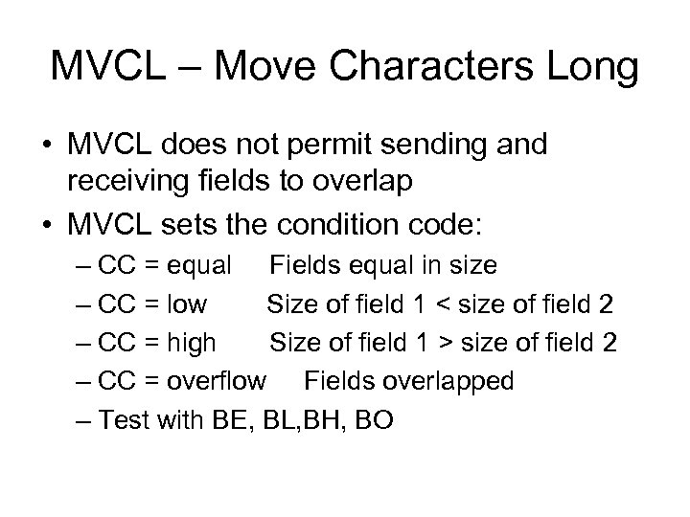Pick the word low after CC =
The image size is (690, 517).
pyautogui.click(x=186, y=304)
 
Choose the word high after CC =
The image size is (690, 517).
pyautogui.click(x=191, y=343)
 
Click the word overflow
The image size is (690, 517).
pyautogui.click(x=217, y=381)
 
